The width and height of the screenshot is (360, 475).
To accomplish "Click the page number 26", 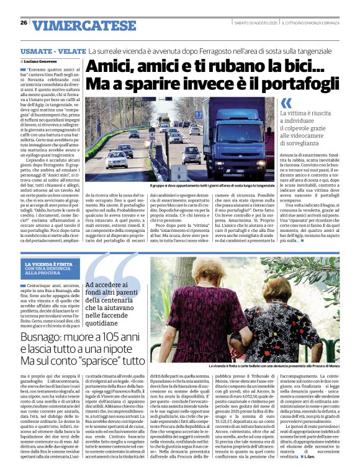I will click(x=24, y=23).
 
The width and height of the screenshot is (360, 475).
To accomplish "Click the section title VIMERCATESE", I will click(x=84, y=25).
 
